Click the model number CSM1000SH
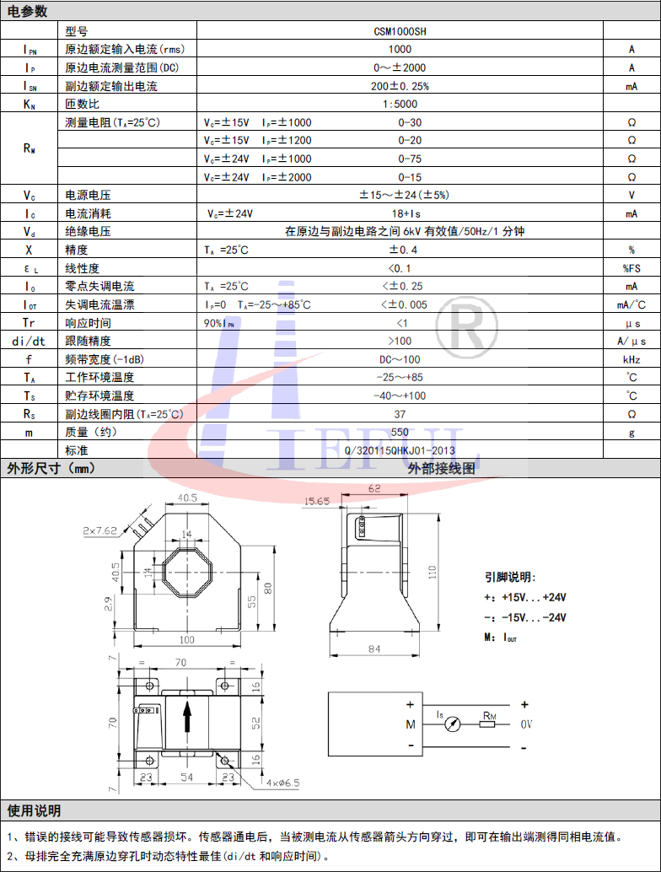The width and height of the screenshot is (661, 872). click(x=400, y=31)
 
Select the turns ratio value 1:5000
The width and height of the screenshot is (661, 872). click(x=400, y=104)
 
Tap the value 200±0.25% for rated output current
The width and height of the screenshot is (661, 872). click(x=400, y=86)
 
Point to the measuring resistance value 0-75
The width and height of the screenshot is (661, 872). click(x=410, y=159)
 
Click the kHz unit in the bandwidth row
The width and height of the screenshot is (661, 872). click(x=631, y=360)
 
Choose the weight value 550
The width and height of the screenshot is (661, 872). click(x=400, y=432)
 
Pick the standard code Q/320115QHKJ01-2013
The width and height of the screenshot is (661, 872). click(x=400, y=450)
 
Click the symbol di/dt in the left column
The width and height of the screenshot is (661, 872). click(x=29, y=342)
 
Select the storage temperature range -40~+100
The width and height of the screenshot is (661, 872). click(x=400, y=396)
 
